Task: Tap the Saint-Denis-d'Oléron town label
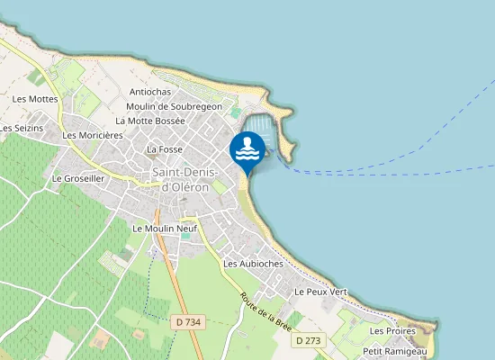click(x=180, y=179)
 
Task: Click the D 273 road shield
click(x=307, y=340)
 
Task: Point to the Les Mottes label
click(x=35, y=99)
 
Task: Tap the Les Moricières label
click(x=93, y=135)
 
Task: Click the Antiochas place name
click(x=150, y=92)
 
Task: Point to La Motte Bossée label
click(x=150, y=121)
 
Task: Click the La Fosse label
click(x=165, y=148)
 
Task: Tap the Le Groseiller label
click(x=79, y=178)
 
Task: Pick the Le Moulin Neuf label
click(x=165, y=229)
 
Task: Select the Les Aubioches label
click(x=253, y=264)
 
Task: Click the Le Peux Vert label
click(x=320, y=292)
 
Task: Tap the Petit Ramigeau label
click(x=395, y=350)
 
